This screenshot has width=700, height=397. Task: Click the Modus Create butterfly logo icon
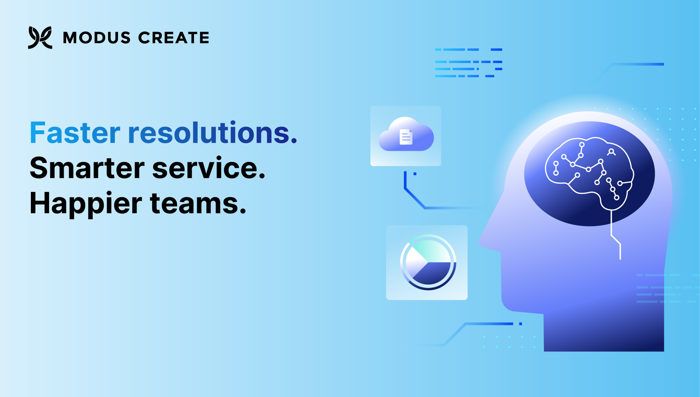(40, 37)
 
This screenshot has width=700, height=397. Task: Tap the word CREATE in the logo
(173, 38)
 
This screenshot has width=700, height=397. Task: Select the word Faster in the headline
(75, 133)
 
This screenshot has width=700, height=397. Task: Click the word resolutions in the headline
(212, 133)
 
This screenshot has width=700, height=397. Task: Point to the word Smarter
(87, 168)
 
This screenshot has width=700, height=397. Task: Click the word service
(209, 168)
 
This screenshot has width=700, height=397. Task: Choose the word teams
(198, 204)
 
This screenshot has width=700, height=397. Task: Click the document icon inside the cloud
(406, 137)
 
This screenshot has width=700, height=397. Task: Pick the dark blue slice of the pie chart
(433, 273)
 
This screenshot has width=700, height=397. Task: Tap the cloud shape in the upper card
(406, 134)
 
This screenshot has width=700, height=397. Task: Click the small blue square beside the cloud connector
(415, 174)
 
